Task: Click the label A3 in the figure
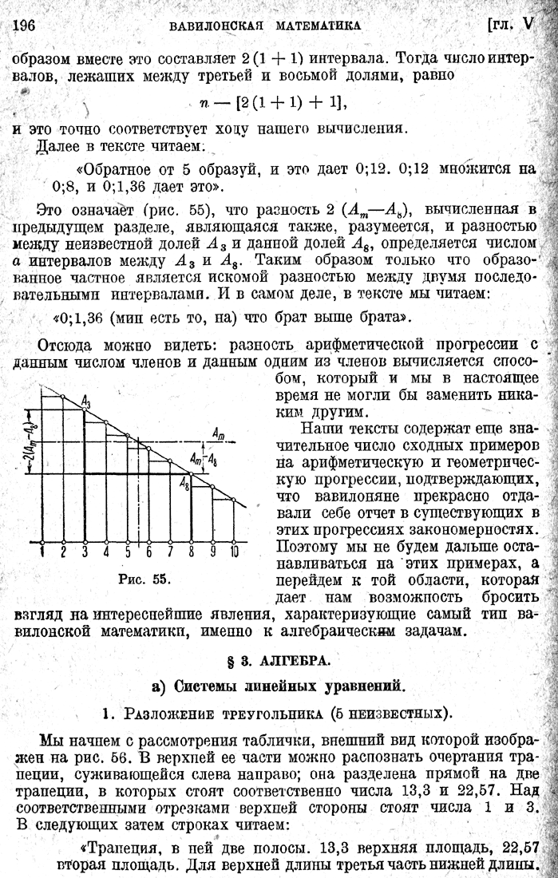pyautogui.click(x=85, y=402)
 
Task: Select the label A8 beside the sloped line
pyautogui.click(x=184, y=481)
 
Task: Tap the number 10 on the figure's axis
pyautogui.click(x=234, y=551)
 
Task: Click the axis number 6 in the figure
pyautogui.click(x=148, y=551)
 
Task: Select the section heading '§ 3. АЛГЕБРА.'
pyautogui.click(x=279, y=661)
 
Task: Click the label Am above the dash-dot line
pyautogui.click(x=218, y=431)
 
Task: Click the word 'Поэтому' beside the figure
pyautogui.click(x=303, y=548)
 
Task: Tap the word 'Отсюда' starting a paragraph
pyautogui.click(x=66, y=346)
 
